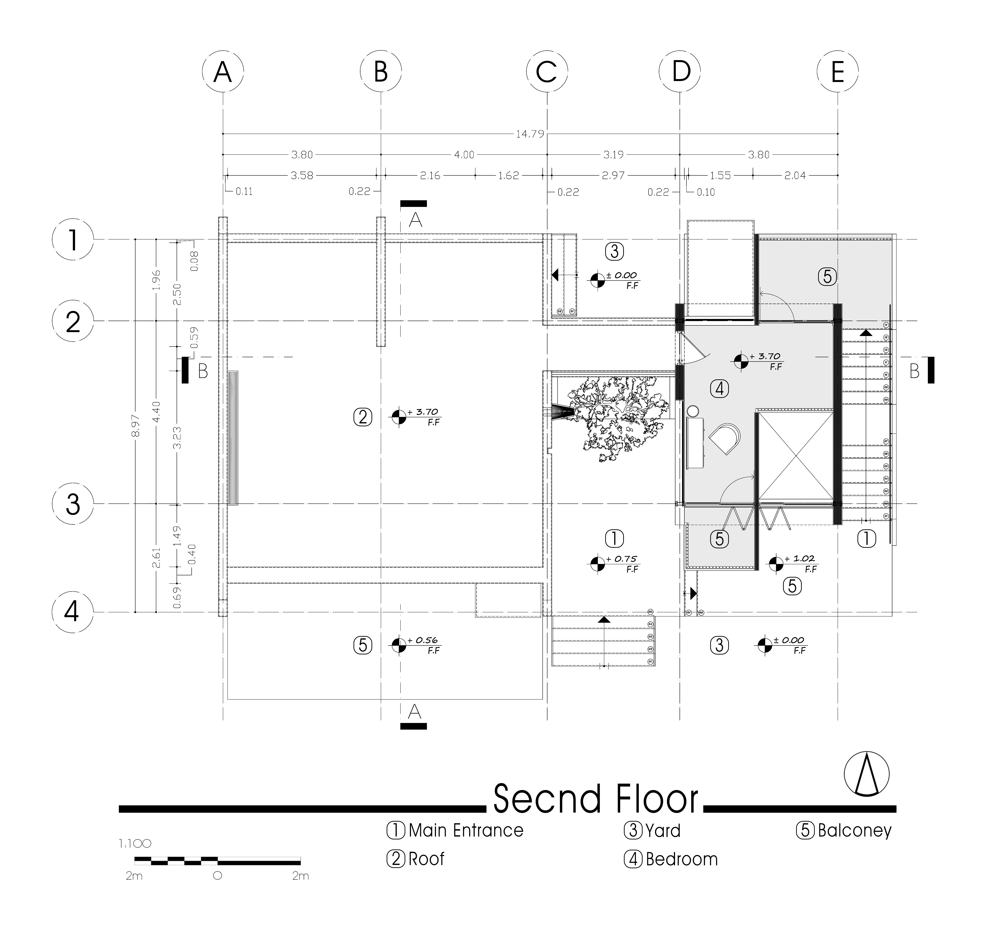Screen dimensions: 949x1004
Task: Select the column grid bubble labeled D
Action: (x=681, y=71)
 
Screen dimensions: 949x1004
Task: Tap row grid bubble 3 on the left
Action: (x=73, y=504)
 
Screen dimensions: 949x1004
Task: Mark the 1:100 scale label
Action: (x=135, y=843)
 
